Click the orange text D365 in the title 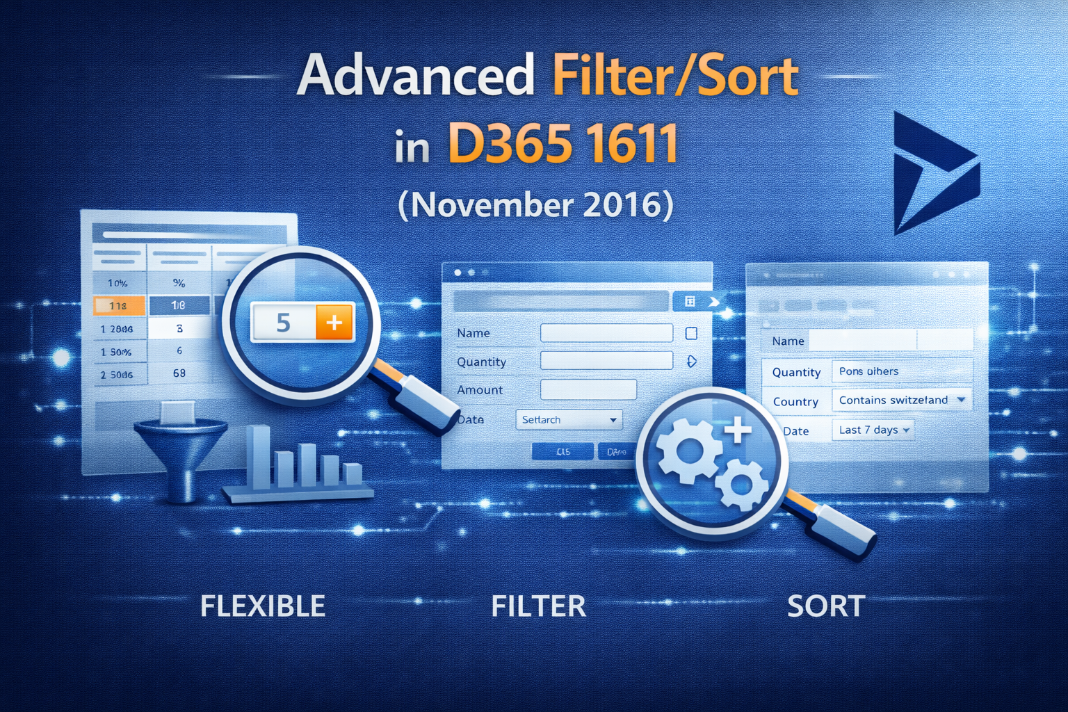[507, 144]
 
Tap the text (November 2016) [535, 205]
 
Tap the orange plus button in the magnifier [334, 323]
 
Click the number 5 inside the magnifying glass [283, 323]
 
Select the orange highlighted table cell [119, 305]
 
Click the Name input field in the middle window [606, 333]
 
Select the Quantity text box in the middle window [606, 361]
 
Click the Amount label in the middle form [480, 390]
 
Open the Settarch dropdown [569, 420]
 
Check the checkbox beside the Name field [691, 334]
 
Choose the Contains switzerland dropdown [901, 400]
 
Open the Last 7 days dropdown [873, 430]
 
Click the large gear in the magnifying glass [688, 452]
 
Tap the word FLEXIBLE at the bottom [263, 606]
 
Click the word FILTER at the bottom [539, 606]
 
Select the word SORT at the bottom [826, 606]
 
